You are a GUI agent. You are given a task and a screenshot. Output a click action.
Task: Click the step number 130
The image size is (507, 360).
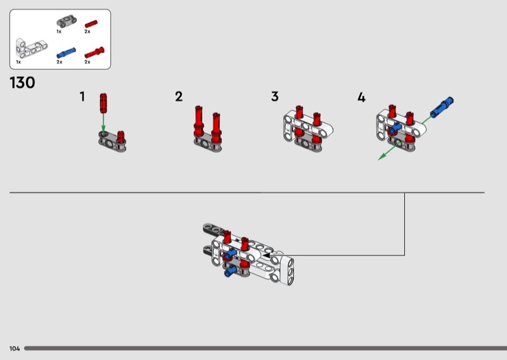[22, 83]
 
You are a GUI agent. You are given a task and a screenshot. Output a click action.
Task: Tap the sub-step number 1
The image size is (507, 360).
[82, 97]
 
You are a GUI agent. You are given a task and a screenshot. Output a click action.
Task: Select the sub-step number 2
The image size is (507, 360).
[179, 97]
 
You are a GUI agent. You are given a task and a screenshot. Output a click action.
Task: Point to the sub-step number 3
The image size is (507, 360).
[274, 97]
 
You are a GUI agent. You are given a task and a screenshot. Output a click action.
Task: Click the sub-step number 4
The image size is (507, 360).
[361, 97]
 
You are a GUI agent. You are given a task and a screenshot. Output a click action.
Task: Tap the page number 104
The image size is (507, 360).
[15, 349]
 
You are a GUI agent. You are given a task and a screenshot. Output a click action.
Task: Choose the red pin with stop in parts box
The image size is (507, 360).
[94, 51]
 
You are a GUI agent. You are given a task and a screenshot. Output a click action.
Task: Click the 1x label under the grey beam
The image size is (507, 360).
[58, 31]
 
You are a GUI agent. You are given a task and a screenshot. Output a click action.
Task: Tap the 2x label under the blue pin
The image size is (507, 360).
[60, 62]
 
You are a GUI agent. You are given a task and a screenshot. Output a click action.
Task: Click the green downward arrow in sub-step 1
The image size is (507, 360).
[103, 122]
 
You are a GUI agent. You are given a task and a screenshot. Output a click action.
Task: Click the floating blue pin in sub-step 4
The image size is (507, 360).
[442, 106]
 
